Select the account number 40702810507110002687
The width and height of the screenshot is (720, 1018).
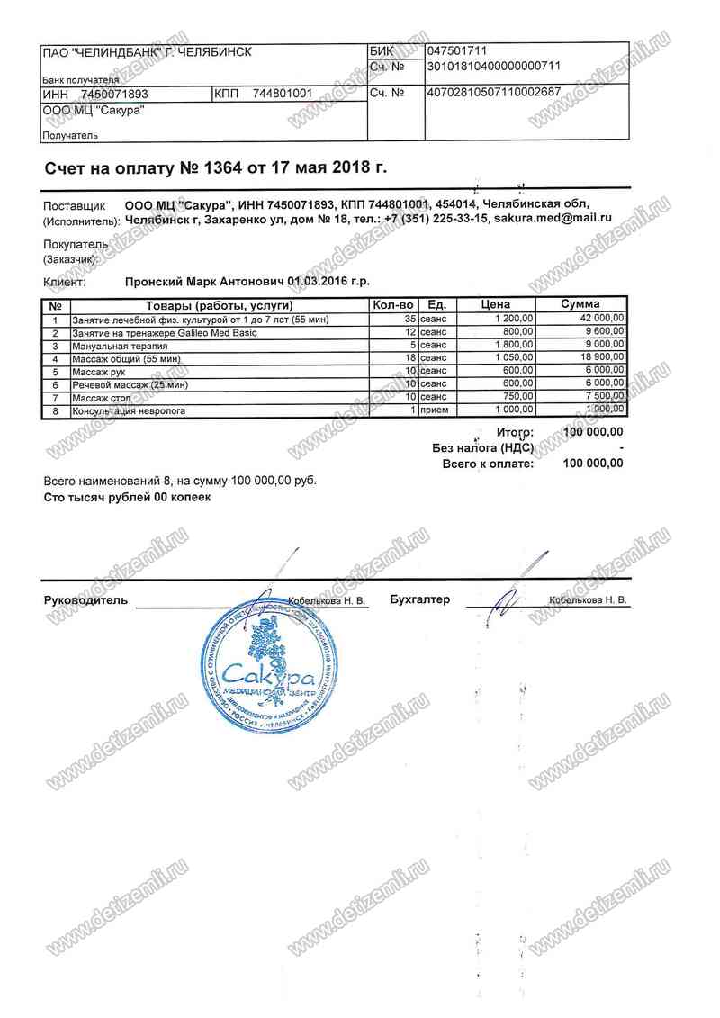[x=494, y=93]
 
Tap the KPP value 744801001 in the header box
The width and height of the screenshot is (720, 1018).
[x=282, y=94]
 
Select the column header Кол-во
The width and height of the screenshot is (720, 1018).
[x=392, y=305]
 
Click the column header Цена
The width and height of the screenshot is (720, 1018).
[x=497, y=305]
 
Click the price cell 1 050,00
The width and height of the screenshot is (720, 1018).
[x=515, y=358]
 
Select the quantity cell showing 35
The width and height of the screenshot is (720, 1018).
[x=409, y=319]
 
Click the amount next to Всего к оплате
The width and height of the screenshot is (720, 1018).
[x=592, y=464]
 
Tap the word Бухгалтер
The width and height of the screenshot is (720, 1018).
[x=420, y=599]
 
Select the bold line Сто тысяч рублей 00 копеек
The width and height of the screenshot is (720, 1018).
[x=127, y=497]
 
